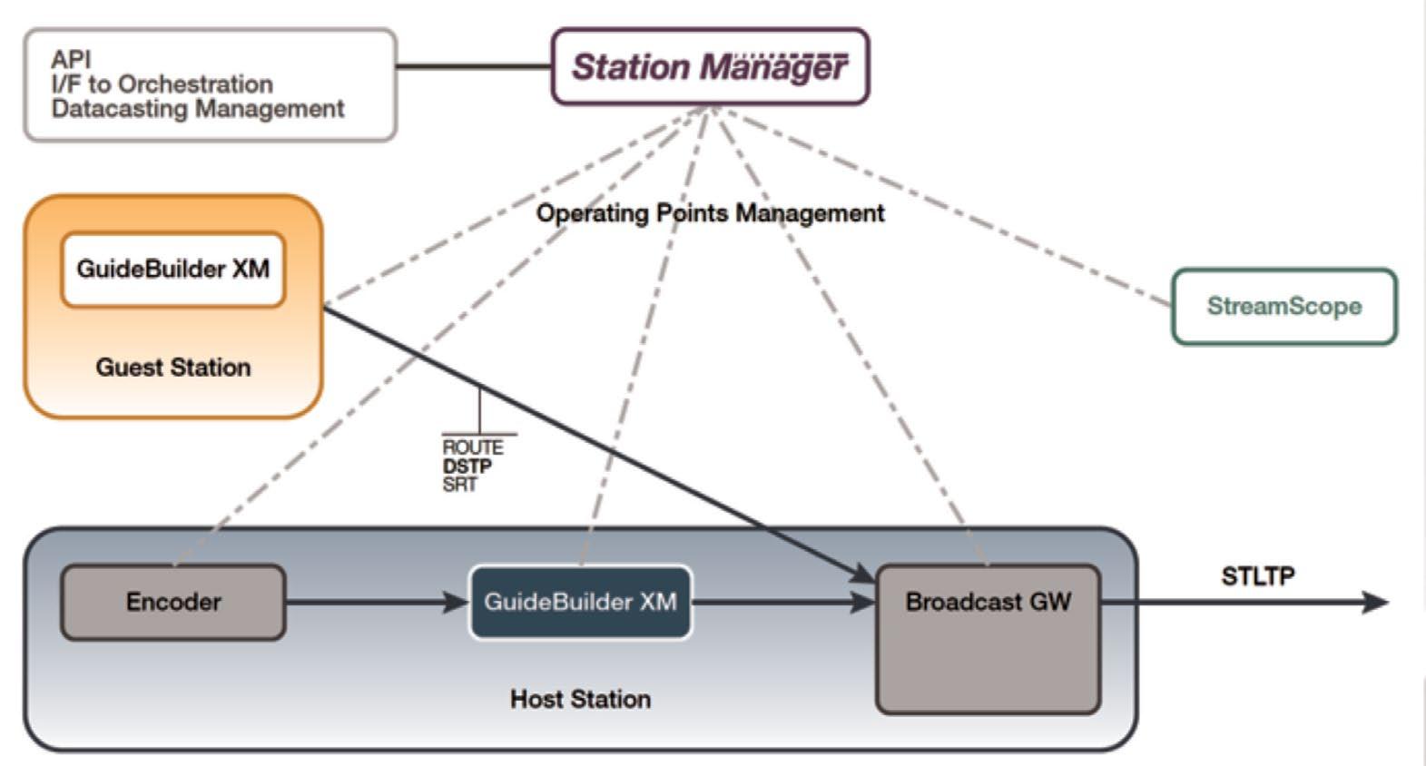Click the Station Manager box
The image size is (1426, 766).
coord(710,67)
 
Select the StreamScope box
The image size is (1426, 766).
coord(1283,307)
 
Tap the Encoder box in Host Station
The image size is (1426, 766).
coord(172,603)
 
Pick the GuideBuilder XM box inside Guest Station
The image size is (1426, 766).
coord(172,270)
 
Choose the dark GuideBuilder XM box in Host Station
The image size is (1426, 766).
coord(580,603)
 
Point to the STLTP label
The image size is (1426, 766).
coord(1257,576)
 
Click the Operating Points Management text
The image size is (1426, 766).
coord(710,213)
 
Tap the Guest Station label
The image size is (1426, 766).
coord(172,368)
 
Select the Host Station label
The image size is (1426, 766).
coord(580,699)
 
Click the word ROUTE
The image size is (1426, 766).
coord(472,447)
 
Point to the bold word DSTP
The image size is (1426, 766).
coord(467,466)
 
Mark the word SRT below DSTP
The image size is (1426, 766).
coord(459,485)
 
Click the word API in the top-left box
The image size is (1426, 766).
coord(71,60)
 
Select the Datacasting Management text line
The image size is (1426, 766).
coord(197,109)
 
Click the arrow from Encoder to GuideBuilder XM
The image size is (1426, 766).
coord(376,602)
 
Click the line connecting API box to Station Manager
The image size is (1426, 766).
coord(474,66)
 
